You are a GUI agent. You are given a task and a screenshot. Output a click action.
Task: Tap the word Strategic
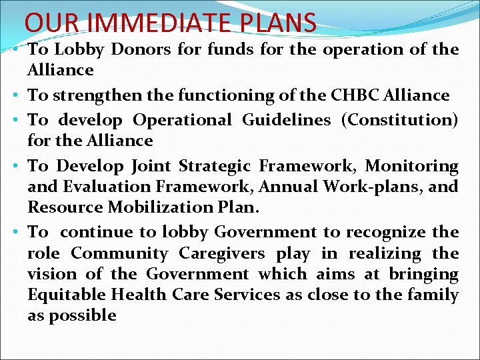[x=217, y=165]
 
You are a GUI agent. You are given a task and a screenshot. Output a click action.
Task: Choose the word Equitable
[x=67, y=295]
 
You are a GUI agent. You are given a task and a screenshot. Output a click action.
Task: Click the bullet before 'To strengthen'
[x=14, y=96]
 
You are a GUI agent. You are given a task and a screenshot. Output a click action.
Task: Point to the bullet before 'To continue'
[x=14, y=233]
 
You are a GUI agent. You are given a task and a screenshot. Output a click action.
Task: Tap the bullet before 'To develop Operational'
[x=14, y=121]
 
